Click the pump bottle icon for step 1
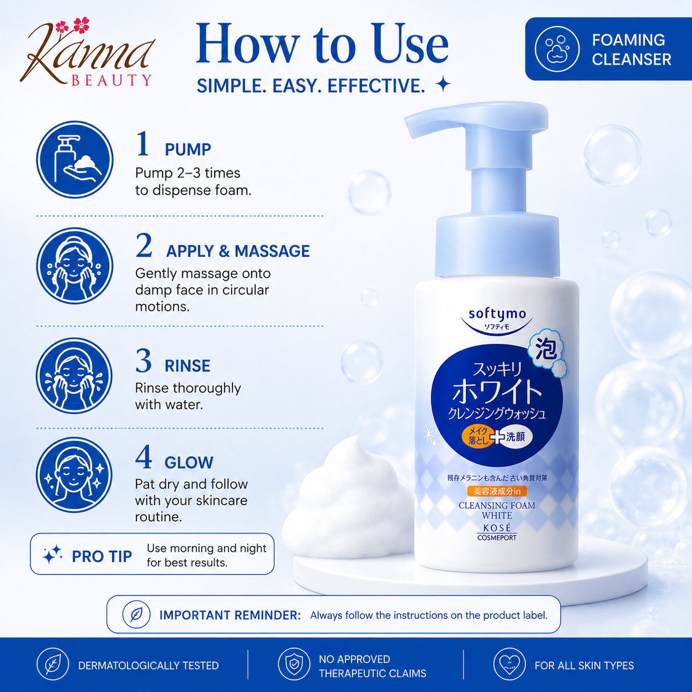point(74,159)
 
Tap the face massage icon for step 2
point(74,266)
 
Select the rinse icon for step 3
point(74,376)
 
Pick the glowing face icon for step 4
point(74,475)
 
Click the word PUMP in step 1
point(188,150)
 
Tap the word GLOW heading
point(189,462)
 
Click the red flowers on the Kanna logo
point(73,26)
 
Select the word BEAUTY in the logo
point(111,80)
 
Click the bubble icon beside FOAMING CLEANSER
point(557,49)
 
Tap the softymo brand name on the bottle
point(497,314)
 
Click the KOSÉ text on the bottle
point(497,528)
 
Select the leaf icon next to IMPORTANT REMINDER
point(136,615)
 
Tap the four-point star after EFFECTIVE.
point(443,85)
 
